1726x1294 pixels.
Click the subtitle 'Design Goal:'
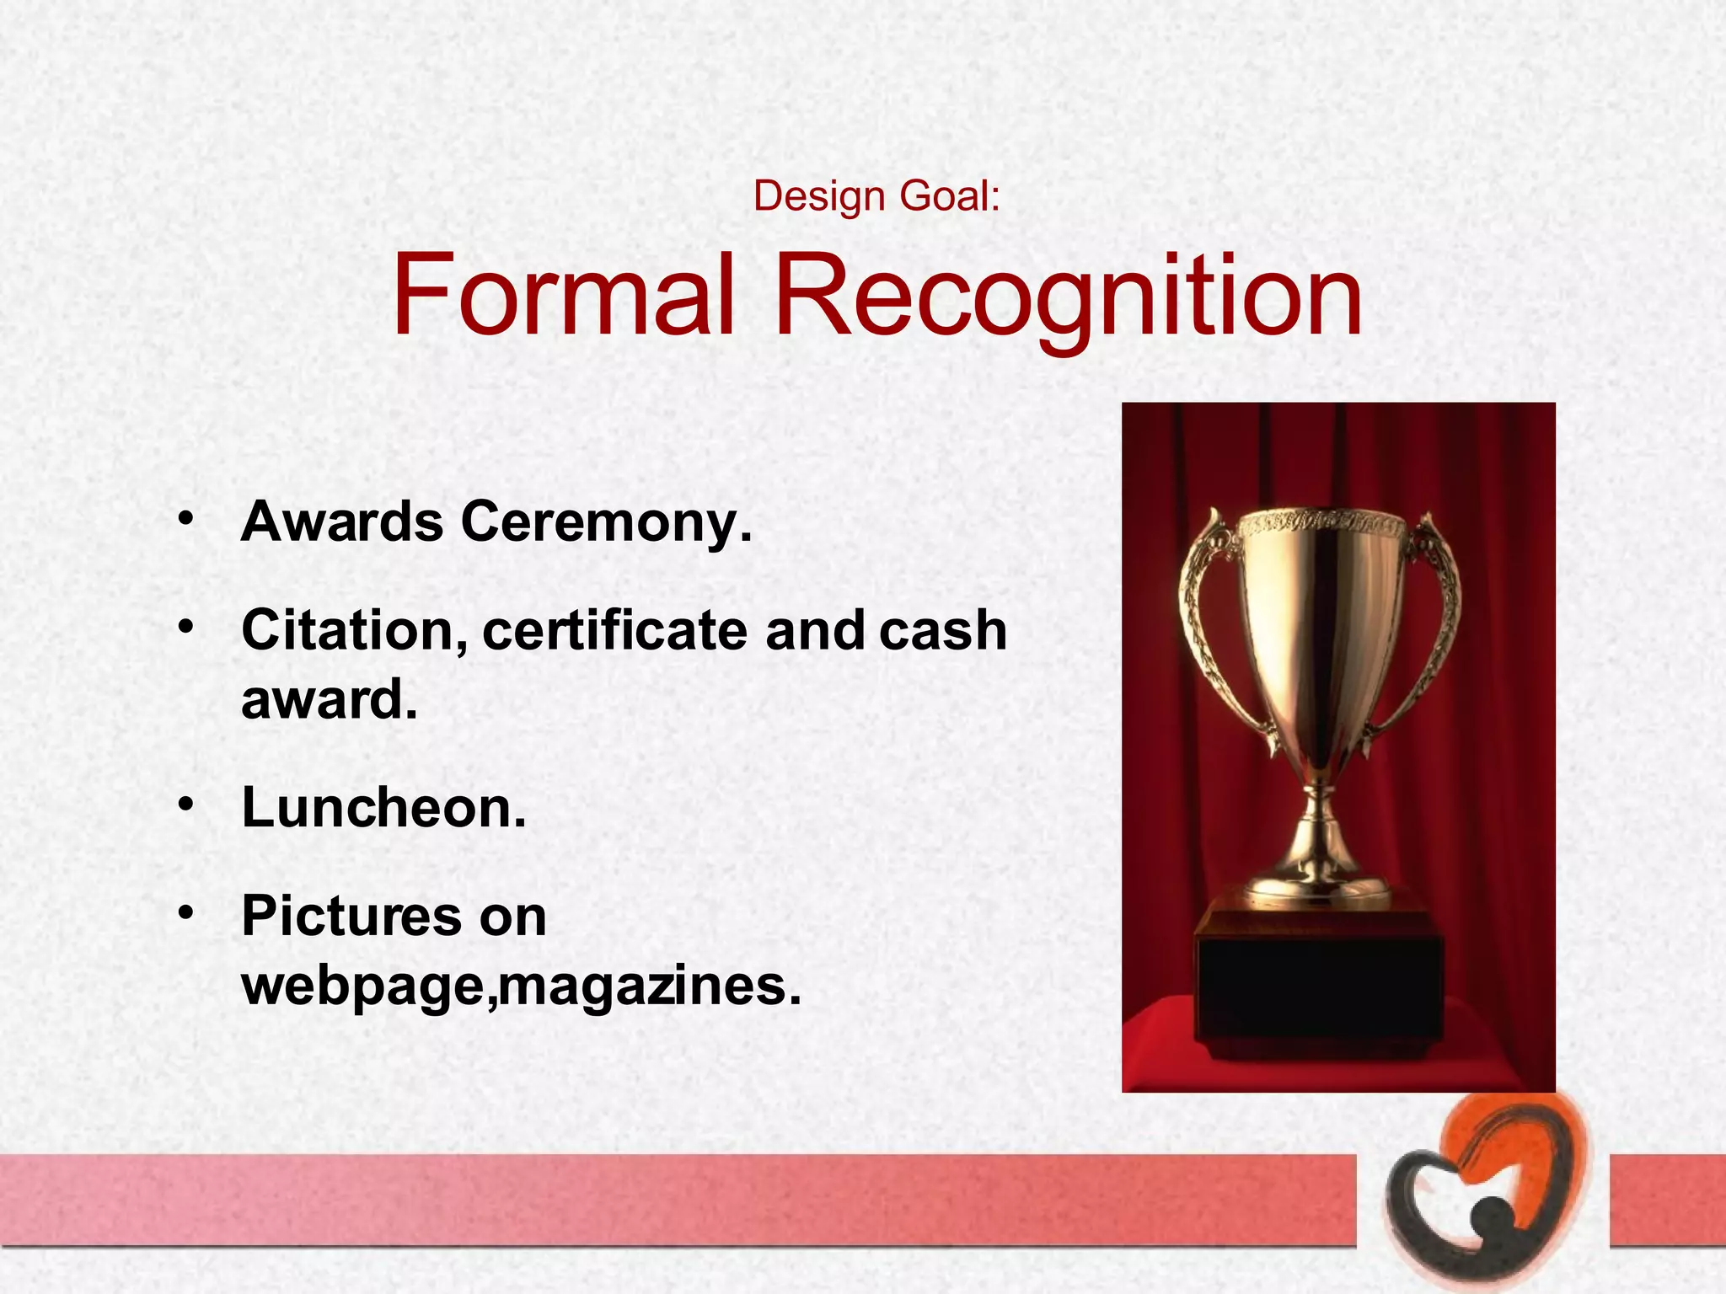coord(876,196)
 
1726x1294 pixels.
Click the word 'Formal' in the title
coord(563,295)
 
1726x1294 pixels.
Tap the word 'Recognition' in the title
coord(1067,297)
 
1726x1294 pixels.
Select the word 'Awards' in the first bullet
coord(341,521)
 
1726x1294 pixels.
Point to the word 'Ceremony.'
coord(606,523)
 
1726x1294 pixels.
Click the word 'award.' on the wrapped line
coord(330,699)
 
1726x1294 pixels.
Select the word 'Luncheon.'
coord(383,808)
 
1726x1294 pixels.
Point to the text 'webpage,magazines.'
coord(521,986)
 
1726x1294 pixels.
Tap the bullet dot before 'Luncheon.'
coord(186,803)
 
